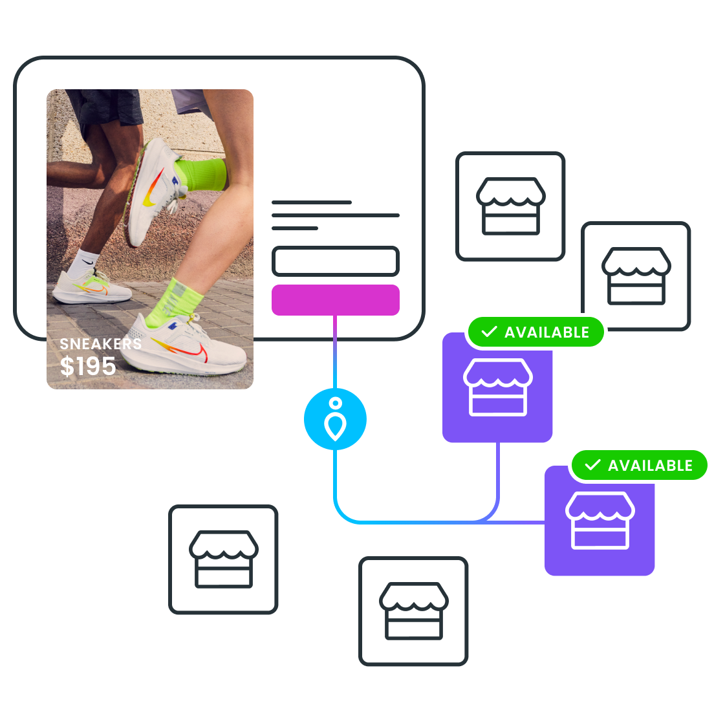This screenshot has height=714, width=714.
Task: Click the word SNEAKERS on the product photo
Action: click(x=100, y=344)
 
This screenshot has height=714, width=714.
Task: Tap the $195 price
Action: click(x=88, y=367)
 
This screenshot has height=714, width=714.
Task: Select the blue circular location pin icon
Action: click(x=335, y=419)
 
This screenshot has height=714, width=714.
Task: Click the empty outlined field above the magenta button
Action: click(x=335, y=261)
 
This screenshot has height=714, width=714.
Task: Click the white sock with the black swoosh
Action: click(x=83, y=261)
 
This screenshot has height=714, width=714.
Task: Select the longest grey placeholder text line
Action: click(x=335, y=215)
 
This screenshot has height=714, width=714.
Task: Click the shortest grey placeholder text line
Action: click(x=294, y=228)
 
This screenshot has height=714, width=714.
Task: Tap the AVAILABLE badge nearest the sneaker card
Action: click(x=536, y=332)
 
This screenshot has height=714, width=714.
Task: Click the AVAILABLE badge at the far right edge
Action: click(x=640, y=466)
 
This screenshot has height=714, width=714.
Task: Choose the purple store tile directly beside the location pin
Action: click(x=497, y=388)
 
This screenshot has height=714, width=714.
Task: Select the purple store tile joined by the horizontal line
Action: click(x=600, y=521)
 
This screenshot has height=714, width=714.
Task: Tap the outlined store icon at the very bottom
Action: click(x=413, y=611)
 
